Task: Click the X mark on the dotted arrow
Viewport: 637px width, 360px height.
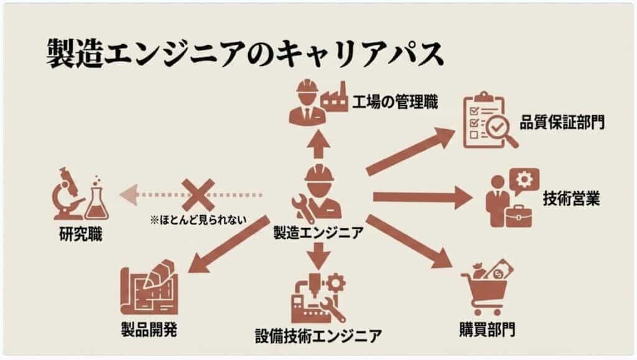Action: pyautogui.click(x=198, y=194)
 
